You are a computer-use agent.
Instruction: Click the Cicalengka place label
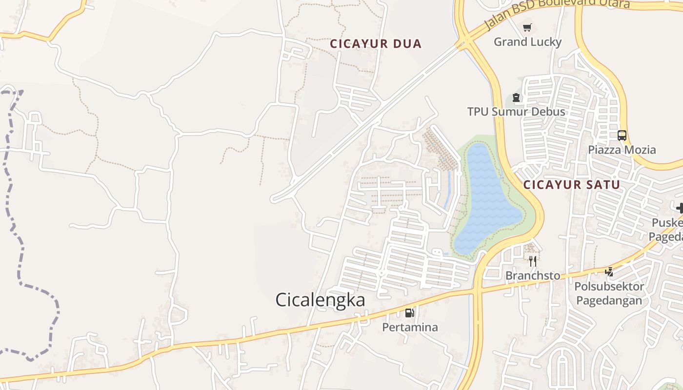tap(320, 300)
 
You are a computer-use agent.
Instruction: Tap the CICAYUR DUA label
tap(376, 44)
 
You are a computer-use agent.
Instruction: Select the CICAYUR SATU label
tap(571, 185)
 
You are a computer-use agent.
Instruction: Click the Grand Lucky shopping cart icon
tap(527, 28)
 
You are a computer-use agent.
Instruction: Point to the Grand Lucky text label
tap(527, 42)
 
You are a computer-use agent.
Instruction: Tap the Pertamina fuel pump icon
tap(410, 312)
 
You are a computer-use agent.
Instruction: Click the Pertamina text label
tap(410, 327)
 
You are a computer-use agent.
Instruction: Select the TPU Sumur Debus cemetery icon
tap(516, 98)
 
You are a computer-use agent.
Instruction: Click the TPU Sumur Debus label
tap(516, 112)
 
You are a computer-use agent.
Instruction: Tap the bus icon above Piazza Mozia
tap(622, 136)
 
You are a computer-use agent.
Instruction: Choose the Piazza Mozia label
tap(622, 150)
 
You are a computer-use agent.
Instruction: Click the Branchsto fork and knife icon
tap(533, 261)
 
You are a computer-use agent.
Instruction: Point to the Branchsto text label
tap(533, 276)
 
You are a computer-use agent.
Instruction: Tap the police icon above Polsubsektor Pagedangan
tap(609, 272)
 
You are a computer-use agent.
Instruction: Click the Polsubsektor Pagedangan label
tap(609, 293)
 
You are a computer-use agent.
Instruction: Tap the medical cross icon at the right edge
tap(680, 208)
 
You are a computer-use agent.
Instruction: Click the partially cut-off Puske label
tap(667, 223)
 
